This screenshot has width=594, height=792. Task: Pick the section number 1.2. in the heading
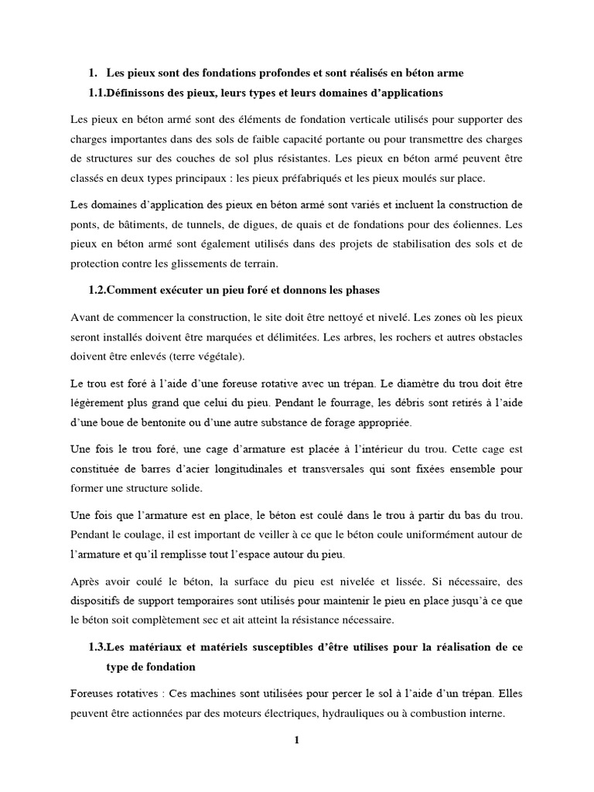[x=102, y=291]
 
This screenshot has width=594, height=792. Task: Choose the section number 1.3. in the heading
[x=102, y=647]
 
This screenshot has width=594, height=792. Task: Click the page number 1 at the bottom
[x=296, y=740]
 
